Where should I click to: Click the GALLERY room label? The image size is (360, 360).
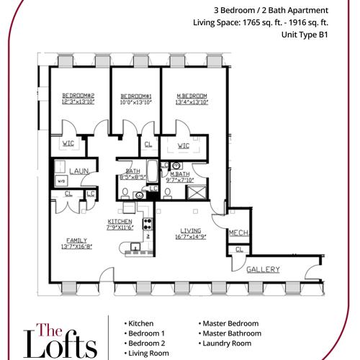263,269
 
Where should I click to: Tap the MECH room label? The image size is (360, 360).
238,233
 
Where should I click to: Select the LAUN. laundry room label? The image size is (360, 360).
79,171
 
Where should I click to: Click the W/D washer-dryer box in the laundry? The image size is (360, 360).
61,181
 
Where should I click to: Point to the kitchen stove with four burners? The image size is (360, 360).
148,224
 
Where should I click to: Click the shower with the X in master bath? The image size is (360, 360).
197,192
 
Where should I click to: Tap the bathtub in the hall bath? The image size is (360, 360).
152,171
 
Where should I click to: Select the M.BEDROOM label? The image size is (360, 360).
192,96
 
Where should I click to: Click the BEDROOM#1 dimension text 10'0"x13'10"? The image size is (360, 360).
136,102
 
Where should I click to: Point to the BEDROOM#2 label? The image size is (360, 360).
78,96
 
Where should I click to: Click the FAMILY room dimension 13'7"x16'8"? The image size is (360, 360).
77,246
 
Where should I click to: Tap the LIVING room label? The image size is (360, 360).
191,230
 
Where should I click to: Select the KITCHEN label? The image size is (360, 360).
120,221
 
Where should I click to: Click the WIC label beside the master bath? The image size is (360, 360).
184,145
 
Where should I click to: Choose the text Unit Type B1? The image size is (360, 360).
305,35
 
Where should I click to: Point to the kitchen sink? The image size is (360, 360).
135,246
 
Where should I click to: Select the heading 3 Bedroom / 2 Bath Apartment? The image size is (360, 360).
271,11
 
